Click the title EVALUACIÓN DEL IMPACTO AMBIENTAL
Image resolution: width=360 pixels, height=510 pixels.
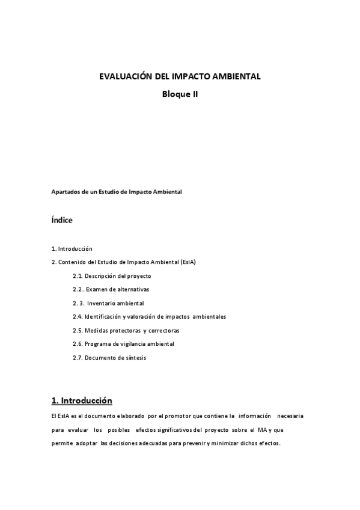[180, 76]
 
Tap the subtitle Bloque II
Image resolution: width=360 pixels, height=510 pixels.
[180, 94]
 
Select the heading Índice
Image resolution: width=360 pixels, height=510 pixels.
[62, 220]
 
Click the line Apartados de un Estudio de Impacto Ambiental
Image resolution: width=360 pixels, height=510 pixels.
[117, 192]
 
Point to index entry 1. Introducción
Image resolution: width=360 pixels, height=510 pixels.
[72, 248]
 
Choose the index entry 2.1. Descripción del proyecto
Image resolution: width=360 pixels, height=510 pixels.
[112, 276]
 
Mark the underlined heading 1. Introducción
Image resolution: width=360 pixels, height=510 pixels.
[82, 400]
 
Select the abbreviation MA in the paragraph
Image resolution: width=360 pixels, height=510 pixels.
[262, 430]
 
